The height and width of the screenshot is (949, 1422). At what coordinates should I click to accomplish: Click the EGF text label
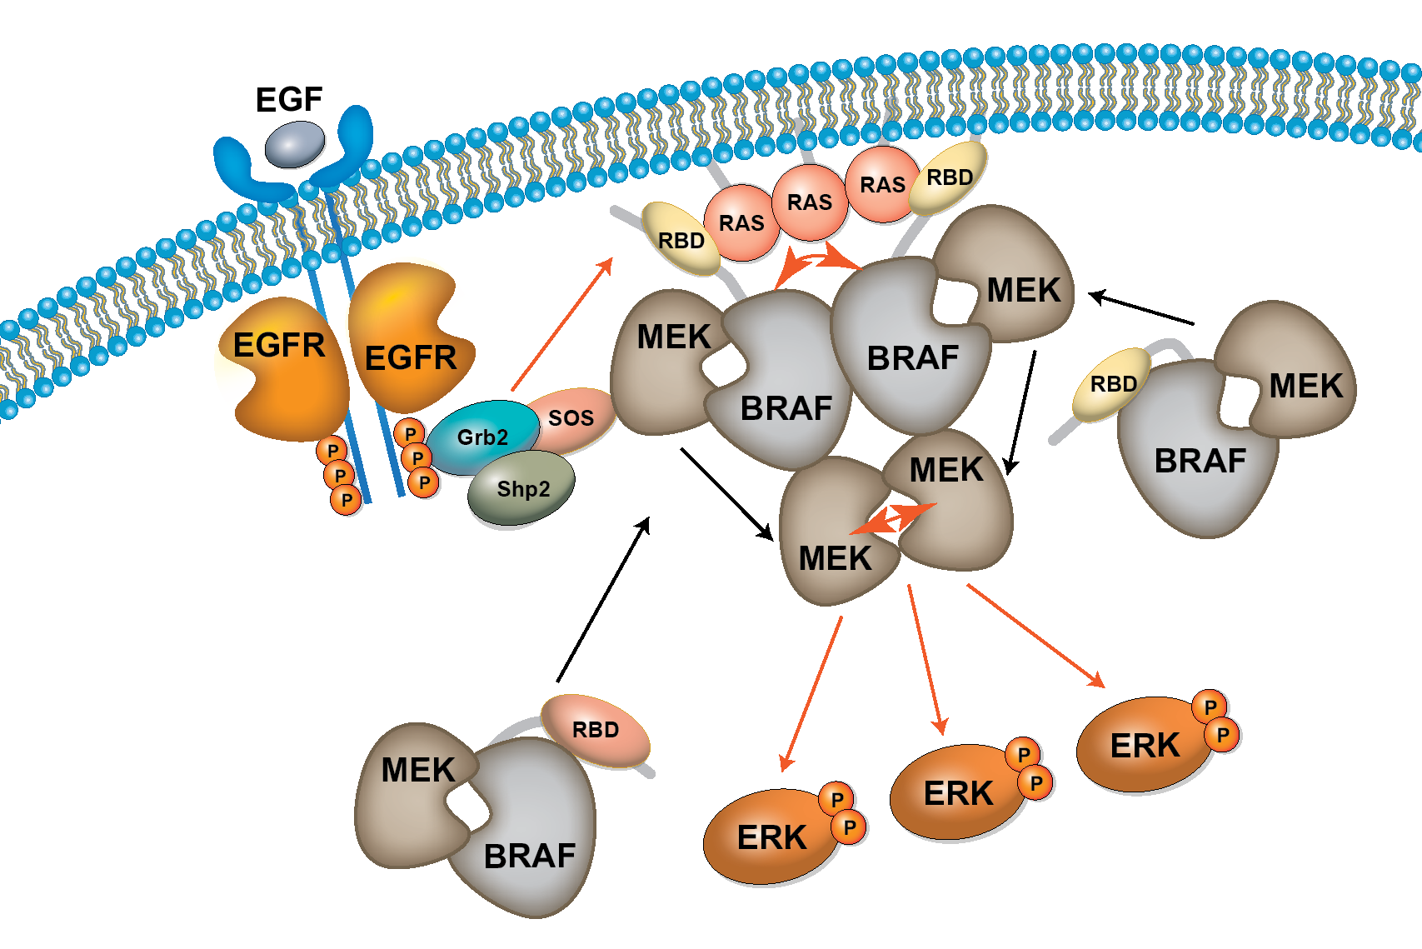point(288,100)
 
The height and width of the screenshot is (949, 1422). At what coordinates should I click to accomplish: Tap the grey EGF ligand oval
point(295,144)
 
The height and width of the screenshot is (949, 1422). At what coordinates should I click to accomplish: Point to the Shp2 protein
point(522,488)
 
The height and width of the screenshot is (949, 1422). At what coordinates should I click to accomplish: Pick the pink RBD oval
point(595,730)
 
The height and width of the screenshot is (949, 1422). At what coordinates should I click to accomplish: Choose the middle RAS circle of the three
point(810,202)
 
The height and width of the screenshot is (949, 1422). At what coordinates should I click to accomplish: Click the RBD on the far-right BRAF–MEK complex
point(1113,384)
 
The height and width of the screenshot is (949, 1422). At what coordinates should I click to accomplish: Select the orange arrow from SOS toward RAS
point(562,324)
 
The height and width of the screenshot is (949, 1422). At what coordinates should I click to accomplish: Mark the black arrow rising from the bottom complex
point(603,600)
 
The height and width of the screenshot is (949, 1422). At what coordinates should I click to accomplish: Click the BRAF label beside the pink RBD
point(530,856)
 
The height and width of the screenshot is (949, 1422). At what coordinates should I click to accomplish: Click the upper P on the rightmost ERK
point(1210,707)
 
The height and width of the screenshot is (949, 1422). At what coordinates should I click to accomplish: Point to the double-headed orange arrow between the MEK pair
point(893,518)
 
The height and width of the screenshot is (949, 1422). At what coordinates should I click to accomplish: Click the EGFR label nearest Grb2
point(411,358)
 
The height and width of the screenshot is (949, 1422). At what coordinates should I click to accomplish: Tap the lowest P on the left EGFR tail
point(347,500)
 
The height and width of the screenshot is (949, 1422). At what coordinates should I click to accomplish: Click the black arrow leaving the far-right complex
point(1141,309)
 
